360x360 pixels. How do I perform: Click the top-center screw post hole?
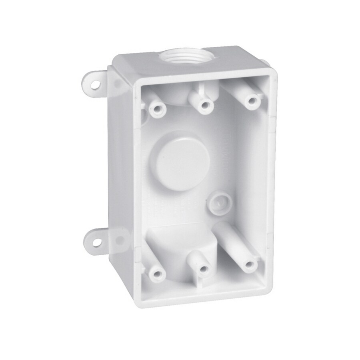coord(206,105)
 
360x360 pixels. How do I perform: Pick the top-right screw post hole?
coord(251,101)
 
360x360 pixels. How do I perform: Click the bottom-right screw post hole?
coord(250,265)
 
